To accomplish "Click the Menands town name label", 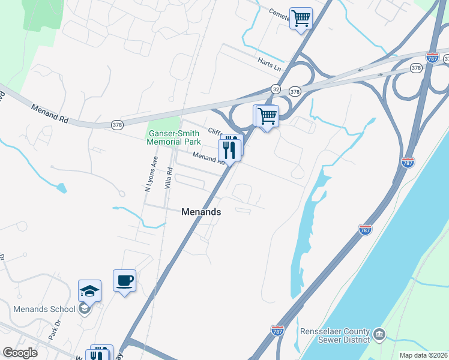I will click(201, 212).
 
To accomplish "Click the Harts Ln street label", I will click(269, 62).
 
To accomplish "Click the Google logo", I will click(20, 353).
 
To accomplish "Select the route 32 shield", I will click(276, 89).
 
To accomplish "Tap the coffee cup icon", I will click(124, 281).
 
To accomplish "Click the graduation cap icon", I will click(89, 291).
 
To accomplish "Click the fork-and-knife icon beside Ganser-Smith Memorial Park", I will click(230, 148).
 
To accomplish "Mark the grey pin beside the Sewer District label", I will click(379, 333).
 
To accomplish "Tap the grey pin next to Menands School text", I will click(85, 309).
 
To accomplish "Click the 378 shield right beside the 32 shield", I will click(295, 92).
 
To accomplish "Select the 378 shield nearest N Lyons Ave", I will click(118, 125).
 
